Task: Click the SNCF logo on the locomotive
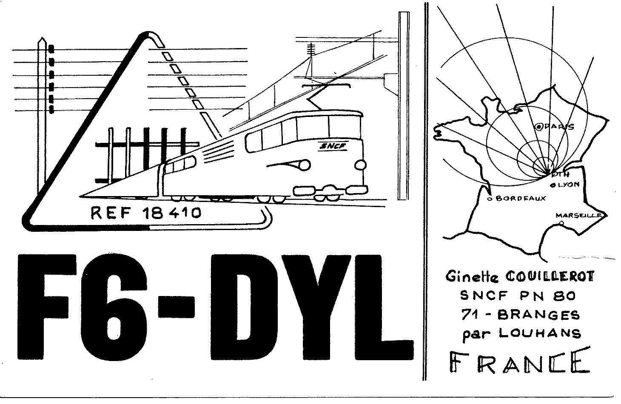pos(334,146)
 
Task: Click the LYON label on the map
pos(568,185)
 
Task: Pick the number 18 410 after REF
pos(171,213)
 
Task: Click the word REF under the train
pos(110,213)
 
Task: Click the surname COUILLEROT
pos(550,276)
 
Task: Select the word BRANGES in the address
pos(538,315)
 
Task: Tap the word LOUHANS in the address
pos(540,334)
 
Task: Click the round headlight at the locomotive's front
pos(360,165)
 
